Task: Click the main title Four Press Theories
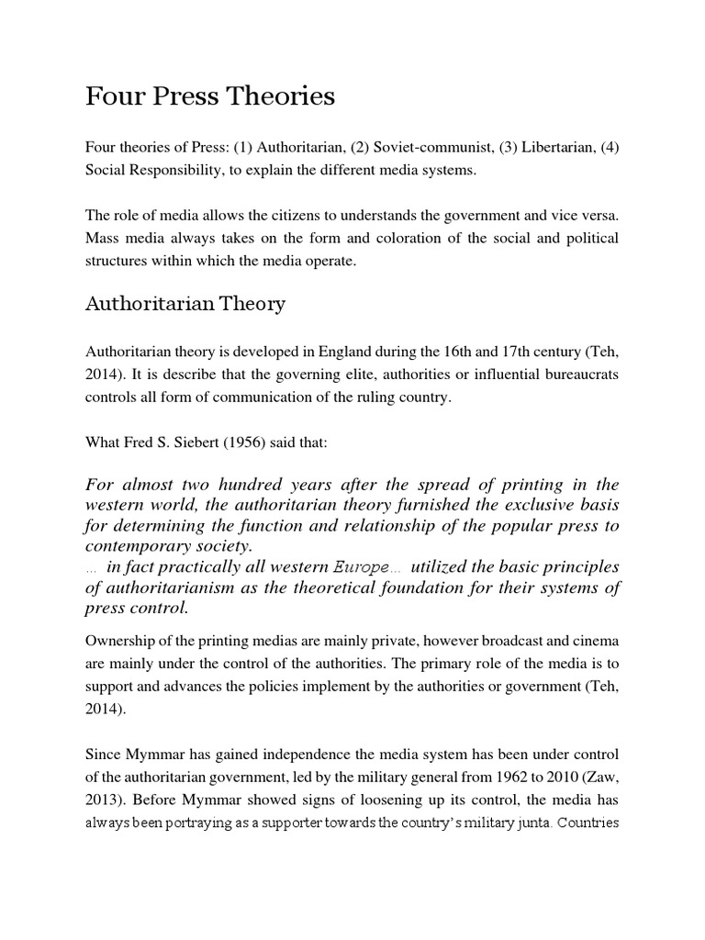[x=210, y=96]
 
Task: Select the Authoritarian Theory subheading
[x=185, y=304]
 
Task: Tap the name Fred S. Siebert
[x=176, y=442]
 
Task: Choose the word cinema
[x=597, y=640]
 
